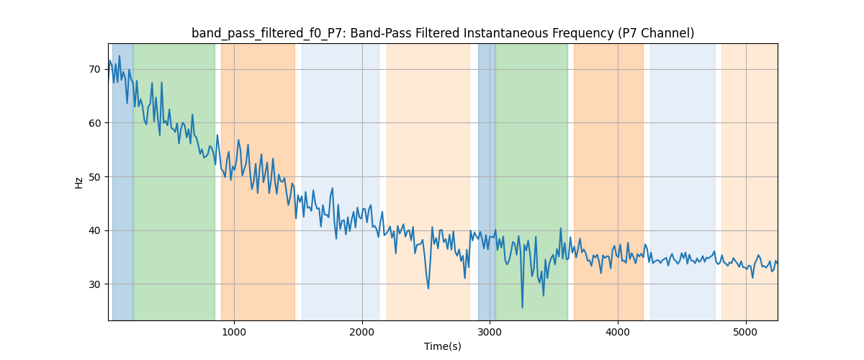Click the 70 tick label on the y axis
95,69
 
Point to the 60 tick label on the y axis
95,123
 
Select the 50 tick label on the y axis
95,176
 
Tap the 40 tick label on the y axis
95,230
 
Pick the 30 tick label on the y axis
95,284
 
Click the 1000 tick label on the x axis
234,332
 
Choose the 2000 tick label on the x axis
362,332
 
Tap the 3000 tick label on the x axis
490,332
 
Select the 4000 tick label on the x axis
618,332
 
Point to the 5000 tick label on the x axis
746,332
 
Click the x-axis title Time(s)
443,346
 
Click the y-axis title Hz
79,182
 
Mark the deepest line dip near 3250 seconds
522,307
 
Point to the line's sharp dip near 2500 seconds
428,289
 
